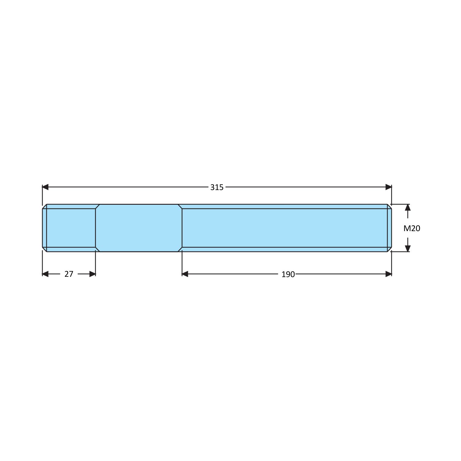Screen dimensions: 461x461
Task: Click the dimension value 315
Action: [x=217, y=187]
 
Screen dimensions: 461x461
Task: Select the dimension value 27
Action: [x=69, y=274]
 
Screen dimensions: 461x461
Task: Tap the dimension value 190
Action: [x=288, y=274]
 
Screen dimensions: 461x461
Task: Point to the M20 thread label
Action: [x=412, y=228]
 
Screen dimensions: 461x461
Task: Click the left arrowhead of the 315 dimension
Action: [x=45, y=187]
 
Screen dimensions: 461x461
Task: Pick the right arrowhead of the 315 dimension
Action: [x=389, y=187]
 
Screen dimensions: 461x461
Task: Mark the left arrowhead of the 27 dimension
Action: [x=45, y=274]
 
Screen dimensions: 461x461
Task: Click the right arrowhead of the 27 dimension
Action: [x=92, y=274]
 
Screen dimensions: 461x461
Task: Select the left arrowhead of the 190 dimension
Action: [x=185, y=274]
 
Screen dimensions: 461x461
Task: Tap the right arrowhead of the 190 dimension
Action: [x=389, y=274]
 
